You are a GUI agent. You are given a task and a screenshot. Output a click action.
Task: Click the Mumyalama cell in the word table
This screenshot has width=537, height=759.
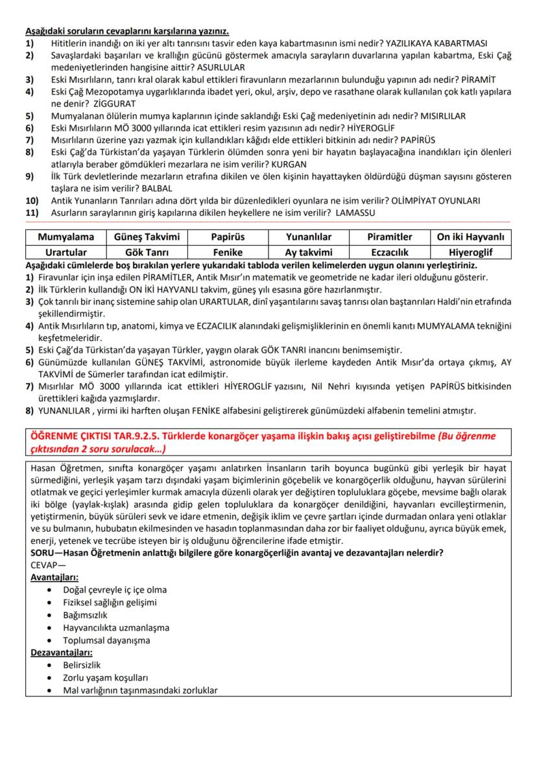(x=66, y=237)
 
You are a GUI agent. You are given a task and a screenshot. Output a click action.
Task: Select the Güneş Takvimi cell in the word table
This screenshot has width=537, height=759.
(x=147, y=237)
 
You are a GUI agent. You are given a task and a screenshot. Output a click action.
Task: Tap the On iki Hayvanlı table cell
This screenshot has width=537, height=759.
(x=471, y=237)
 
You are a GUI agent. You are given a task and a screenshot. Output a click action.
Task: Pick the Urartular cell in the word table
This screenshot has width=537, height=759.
(x=66, y=252)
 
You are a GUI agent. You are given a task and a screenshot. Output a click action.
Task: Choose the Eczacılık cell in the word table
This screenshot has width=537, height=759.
(x=390, y=252)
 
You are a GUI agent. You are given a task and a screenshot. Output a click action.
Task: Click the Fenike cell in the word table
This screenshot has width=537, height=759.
(x=227, y=252)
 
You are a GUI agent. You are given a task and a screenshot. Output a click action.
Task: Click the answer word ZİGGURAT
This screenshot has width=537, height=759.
(x=114, y=103)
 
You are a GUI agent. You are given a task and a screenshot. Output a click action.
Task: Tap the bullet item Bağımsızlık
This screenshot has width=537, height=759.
(x=85, y=614)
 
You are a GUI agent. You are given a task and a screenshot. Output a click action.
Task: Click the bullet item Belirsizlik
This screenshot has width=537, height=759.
(x=82, y=665)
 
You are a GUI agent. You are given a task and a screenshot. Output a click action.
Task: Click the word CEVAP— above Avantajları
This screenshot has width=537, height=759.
(x=48, y=565)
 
